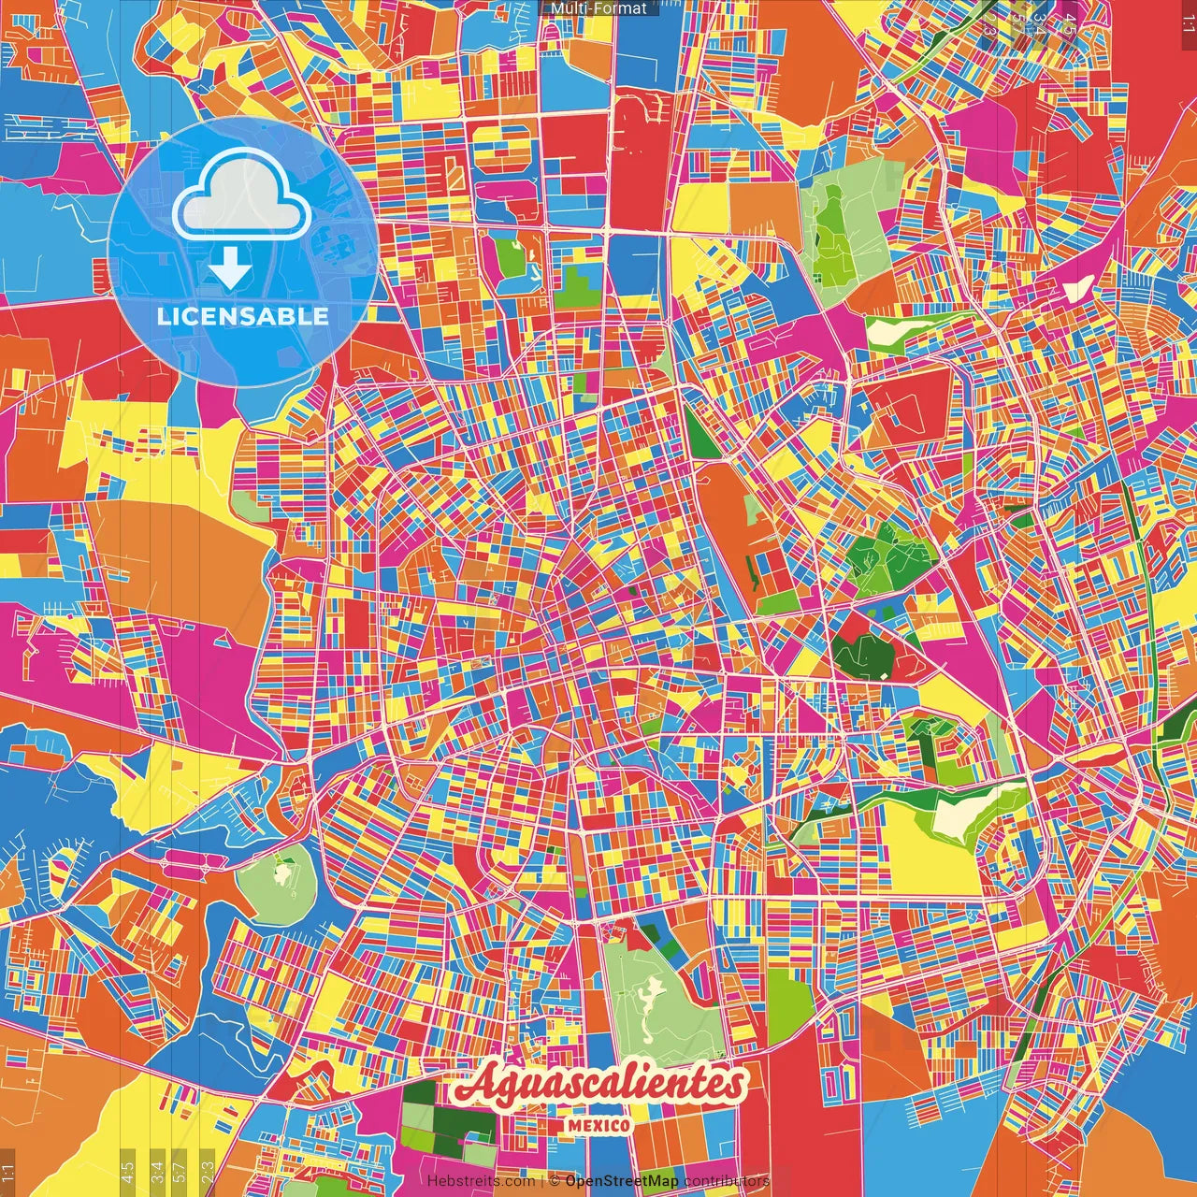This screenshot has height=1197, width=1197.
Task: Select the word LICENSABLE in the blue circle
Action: point(242,316)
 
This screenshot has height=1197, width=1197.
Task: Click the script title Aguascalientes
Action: point(598,1085)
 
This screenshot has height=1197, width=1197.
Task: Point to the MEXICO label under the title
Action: point(598,1125)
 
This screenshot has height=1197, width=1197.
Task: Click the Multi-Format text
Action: point(598,8)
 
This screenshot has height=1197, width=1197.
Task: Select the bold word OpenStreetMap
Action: point(622,1181)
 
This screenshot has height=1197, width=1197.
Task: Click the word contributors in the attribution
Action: point(727,1181)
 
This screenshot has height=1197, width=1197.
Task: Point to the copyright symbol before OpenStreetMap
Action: point(555,1181)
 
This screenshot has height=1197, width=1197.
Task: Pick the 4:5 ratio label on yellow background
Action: point(128,1169)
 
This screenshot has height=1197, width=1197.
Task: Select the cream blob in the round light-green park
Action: point(281,875)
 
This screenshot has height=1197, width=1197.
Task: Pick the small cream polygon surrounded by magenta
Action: point(1080,286)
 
